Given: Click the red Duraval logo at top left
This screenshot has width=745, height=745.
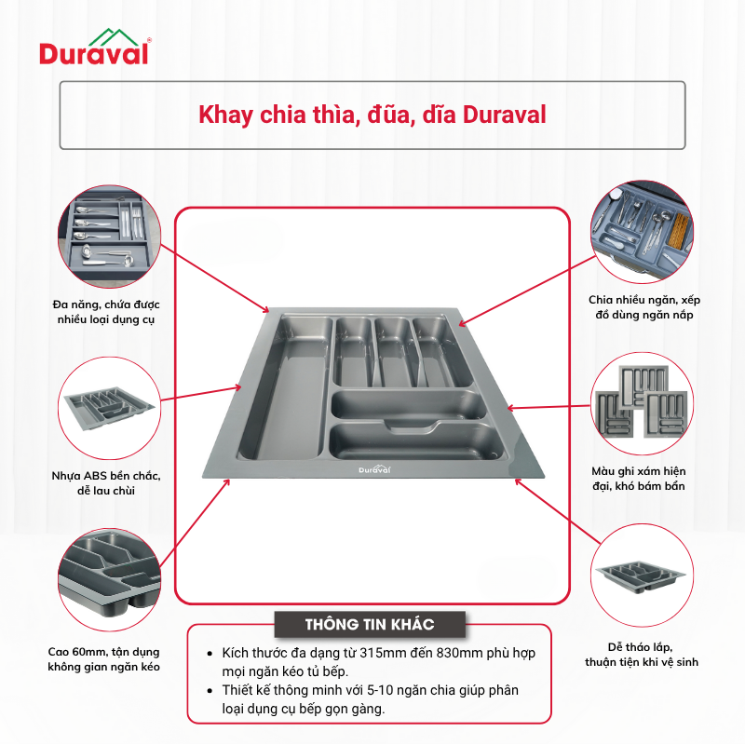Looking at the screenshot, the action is click(95, 47).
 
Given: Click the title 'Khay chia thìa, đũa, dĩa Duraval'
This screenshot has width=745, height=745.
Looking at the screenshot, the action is click(372, 115).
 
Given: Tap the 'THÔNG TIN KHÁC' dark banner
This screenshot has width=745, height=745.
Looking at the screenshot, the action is click(370, 624).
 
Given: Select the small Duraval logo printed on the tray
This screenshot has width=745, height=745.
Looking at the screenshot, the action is click(374, 469).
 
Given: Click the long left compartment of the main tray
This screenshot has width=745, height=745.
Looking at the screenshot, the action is click(285, 387).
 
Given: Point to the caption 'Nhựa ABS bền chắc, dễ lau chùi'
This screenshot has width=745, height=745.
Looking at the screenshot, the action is click(106, 483).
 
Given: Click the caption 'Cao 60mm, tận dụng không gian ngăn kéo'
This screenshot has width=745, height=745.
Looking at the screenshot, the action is click(103, 659).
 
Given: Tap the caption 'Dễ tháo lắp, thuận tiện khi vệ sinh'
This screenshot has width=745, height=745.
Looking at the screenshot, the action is click(642, 655).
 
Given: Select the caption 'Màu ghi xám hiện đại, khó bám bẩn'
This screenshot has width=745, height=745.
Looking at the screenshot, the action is click(639, 479).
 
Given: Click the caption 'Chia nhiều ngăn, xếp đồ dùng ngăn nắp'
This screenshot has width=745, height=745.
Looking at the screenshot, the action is click(644, 307).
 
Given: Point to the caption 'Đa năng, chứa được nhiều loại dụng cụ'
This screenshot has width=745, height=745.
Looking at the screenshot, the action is click(106, 312).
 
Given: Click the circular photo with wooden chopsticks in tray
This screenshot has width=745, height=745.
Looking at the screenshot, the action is click(642, 231).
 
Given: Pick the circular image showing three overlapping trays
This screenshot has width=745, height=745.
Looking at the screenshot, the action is click(642, 404).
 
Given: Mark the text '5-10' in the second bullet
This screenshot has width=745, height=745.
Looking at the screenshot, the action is click(380, 690).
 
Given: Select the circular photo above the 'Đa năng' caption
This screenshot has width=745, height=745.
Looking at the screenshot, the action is click(109, 237).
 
